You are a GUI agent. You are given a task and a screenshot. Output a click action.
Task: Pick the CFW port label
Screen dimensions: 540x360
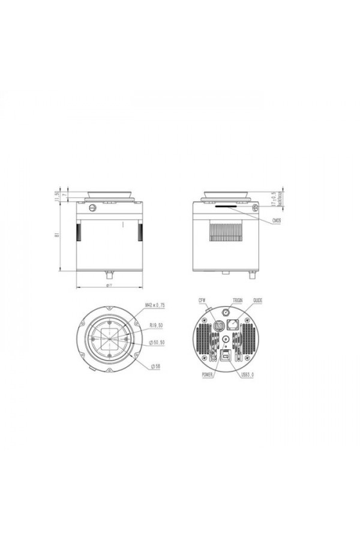point(202,299)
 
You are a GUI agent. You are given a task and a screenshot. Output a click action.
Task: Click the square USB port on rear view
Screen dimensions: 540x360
point(226,356)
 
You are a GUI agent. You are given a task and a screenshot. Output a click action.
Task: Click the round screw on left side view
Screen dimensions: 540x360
point(92,208)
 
